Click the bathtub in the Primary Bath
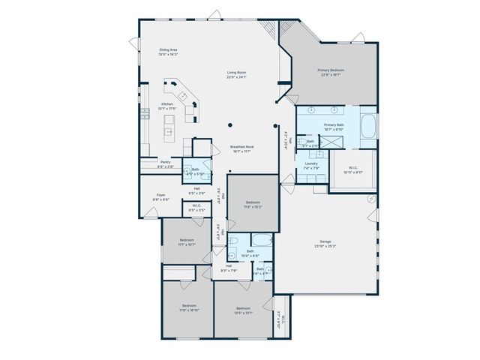tap(369, 125)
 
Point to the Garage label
tap(325, 243)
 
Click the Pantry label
tap(166, 163)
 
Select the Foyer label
tap(160, 196)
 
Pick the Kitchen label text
tap(168, 106)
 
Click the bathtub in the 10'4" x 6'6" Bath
tap(262, 241)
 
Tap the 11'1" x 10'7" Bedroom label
tap(187, 241)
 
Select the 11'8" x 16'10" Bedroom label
tap(188, 307)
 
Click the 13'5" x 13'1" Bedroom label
tap(243, 310)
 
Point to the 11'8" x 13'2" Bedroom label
tap(253, 203)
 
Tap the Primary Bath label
tap(334, 127)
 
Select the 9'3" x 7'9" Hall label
tap(228, 268)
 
